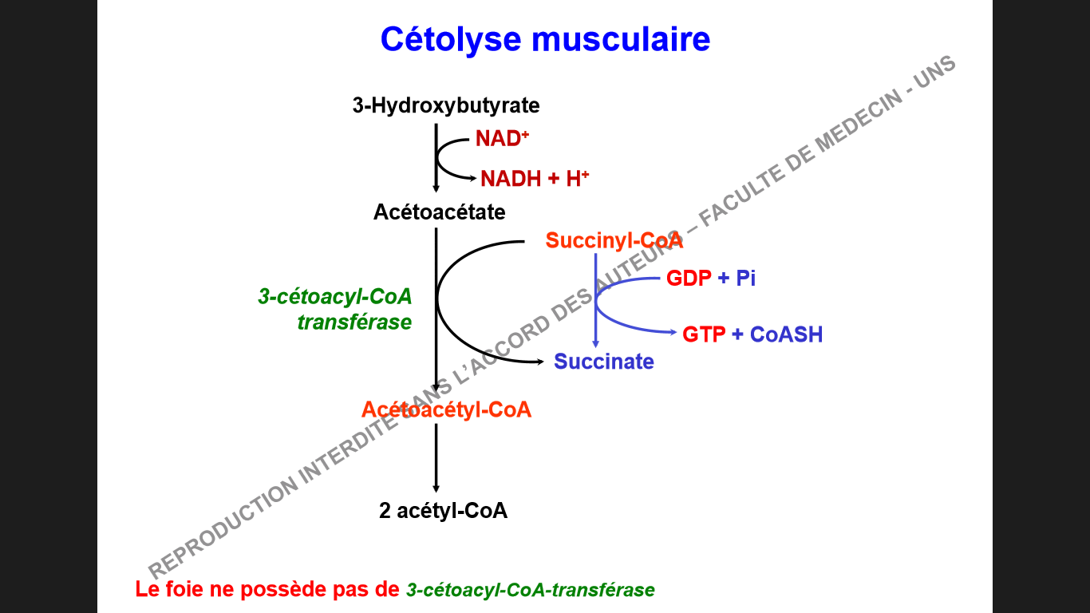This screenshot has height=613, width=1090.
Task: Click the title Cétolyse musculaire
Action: [545, 38]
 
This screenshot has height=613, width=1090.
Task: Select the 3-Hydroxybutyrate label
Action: [446, 105]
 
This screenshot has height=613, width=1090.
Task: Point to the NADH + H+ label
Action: [534, 179]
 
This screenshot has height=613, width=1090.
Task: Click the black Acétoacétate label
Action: [439, 213]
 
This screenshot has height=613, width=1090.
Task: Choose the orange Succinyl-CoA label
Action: [614, 240]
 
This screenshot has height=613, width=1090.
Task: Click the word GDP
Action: [689, 279]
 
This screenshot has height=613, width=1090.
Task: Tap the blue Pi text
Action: [745, 279]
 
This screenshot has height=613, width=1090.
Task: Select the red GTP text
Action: [704, 334]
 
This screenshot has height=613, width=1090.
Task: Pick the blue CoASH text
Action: [786, 334]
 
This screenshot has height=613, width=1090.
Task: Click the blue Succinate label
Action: [604, 362]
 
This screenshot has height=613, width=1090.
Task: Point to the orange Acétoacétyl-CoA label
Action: [446, 409]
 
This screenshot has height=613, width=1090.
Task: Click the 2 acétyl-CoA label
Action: [443, 511]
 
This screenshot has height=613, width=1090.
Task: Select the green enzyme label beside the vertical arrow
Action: [336, 310]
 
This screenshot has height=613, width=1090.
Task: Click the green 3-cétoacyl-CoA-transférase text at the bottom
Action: [530, 591]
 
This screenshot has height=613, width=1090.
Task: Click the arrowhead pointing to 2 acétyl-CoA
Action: [436, 488]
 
